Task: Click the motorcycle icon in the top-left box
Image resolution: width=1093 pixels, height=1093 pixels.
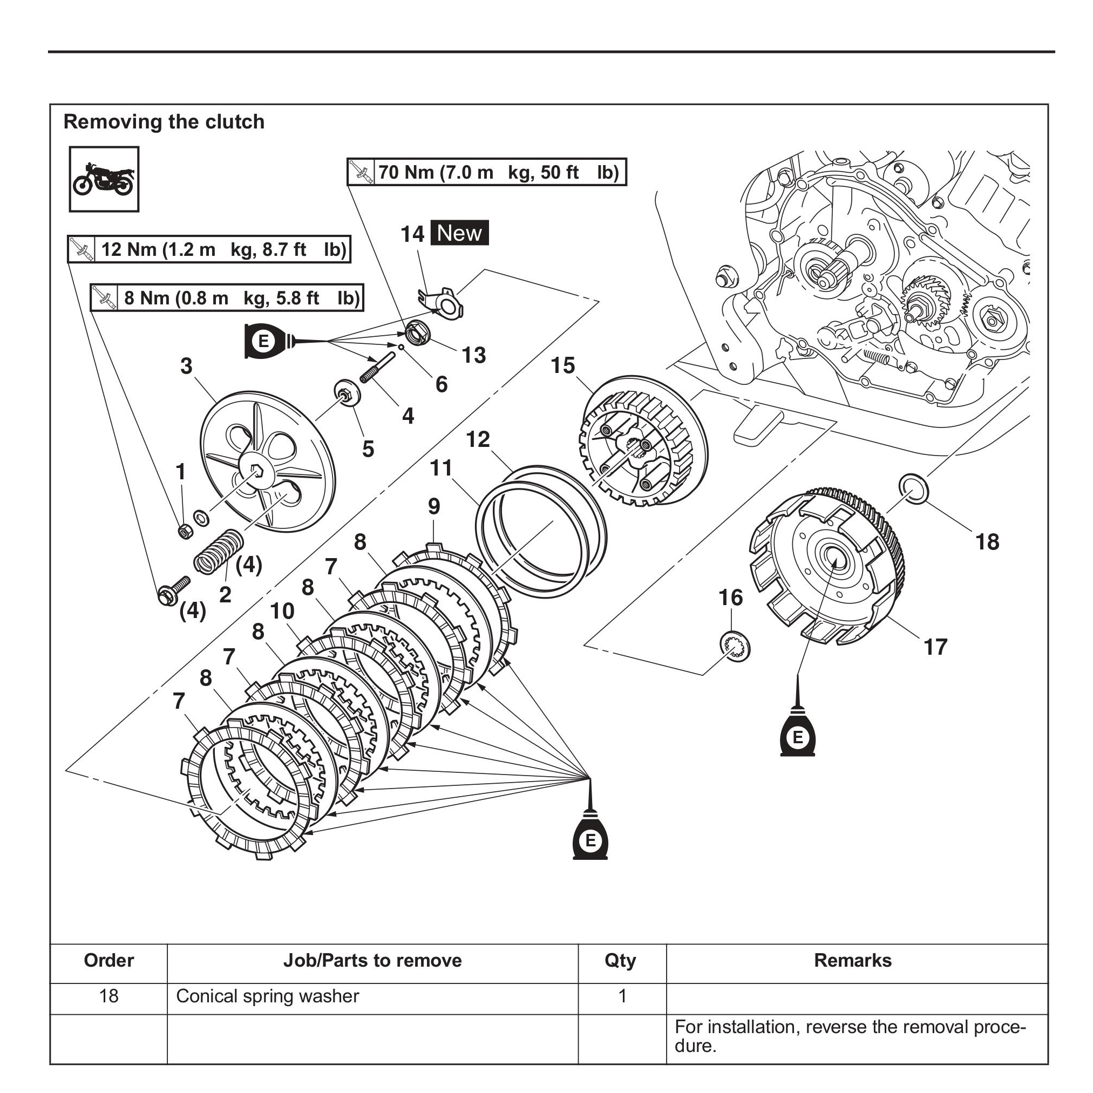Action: (x=104, y=179)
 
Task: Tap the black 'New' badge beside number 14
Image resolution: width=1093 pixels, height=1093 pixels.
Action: (x=459, y=233)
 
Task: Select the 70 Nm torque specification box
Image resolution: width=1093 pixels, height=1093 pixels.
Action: (x=486, y=172)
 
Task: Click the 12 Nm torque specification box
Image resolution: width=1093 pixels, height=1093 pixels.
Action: (x=209, y=249)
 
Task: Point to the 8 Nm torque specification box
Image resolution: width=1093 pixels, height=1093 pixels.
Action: (x=226, y=298)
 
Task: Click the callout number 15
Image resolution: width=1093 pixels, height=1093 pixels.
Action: (x=563, y=365)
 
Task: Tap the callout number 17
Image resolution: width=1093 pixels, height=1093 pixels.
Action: (x=935, y=647)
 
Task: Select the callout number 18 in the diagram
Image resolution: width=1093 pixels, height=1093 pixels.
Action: (x=987, y=542)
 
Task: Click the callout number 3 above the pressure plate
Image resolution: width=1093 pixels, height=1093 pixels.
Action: (x=186, y=366)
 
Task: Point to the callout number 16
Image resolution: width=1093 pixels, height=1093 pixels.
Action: (x=730, y=598)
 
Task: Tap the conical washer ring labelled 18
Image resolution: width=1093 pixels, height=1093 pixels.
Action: (x=913, y=489)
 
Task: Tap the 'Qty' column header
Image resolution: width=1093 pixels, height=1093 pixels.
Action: (x=620, y=961)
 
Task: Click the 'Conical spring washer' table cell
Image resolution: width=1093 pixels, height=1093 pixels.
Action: (x=268, y=996)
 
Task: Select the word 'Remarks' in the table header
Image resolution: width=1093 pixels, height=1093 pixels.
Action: (x=853, y=961)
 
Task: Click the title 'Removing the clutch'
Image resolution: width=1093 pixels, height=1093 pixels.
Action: (x=164, y=121)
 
